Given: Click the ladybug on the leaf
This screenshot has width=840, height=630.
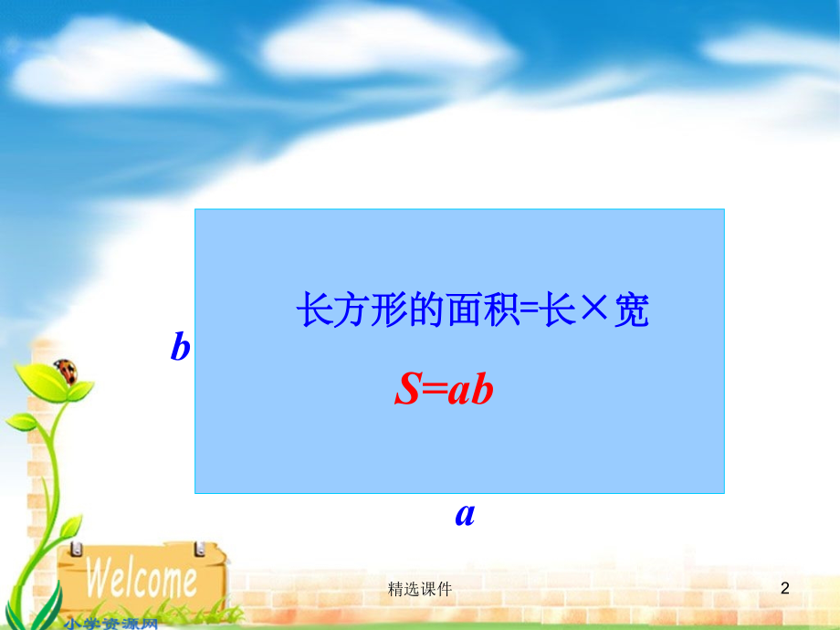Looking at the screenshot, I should click(x=65, y=370).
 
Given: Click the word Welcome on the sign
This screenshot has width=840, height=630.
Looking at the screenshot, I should click(x=142, y=578).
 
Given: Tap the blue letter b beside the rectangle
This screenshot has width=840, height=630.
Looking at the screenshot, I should click(x=181, y=347).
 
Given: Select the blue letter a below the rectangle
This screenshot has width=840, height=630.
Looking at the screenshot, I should click(x=465, y=514).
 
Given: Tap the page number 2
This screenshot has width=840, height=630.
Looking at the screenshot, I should click(x=784, y=589).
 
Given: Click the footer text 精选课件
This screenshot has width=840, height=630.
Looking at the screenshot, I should click(x=420, y=590).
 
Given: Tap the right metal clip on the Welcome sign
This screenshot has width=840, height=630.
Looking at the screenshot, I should click(x=198, y=547).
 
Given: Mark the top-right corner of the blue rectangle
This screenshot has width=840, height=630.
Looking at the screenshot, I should click(x=724, y=209).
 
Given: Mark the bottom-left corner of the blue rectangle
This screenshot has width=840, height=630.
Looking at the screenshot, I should click(x=195, y=493).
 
